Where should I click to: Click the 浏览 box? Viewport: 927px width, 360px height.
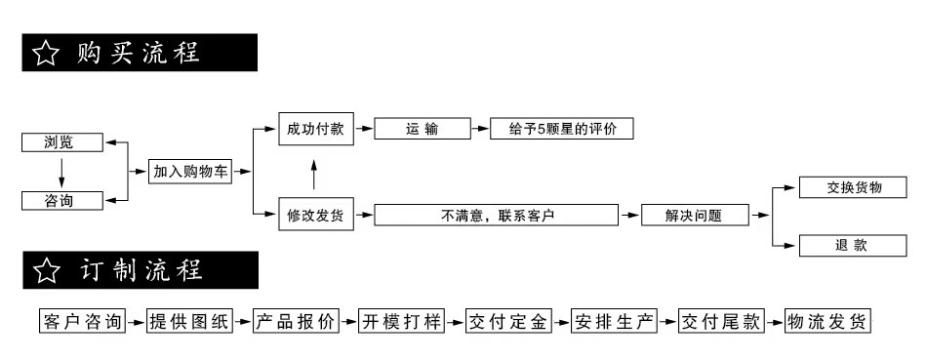pyautogui.click(x=61, y=142)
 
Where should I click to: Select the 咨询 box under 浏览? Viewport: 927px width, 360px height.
pyautogui.click(x=61, y=201)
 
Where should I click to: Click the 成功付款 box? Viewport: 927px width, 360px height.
pyautogui.click(x=315, y=129)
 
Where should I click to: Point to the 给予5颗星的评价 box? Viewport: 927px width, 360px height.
pyautogui.click(x=561, y=129)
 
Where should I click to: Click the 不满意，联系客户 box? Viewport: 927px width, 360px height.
pyautogui.click(x=497, y=215)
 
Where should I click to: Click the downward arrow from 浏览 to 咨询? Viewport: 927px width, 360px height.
pyautogui.click(x=61, y=172)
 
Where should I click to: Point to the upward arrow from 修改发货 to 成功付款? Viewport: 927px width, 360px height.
pyautogui.click(x=314, y=175)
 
